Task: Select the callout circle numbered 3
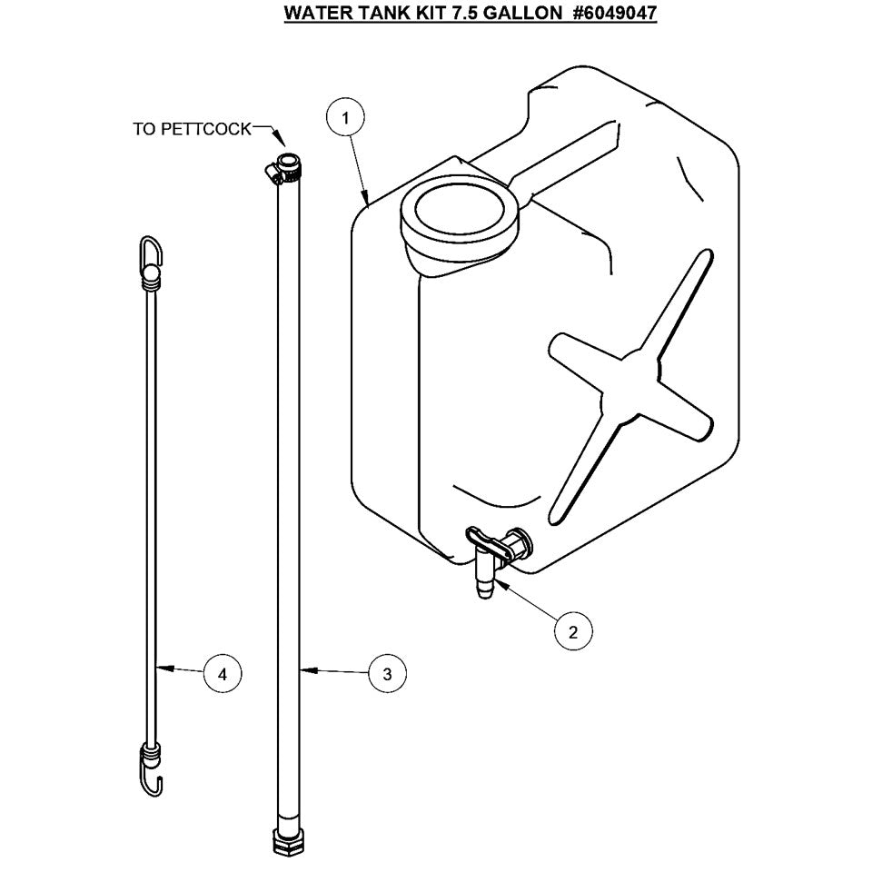point(387,673)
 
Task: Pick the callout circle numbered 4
point(223,673)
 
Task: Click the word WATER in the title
point(313,15)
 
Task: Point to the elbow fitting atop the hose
point(283,169)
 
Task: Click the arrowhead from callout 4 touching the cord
point(162,669)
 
